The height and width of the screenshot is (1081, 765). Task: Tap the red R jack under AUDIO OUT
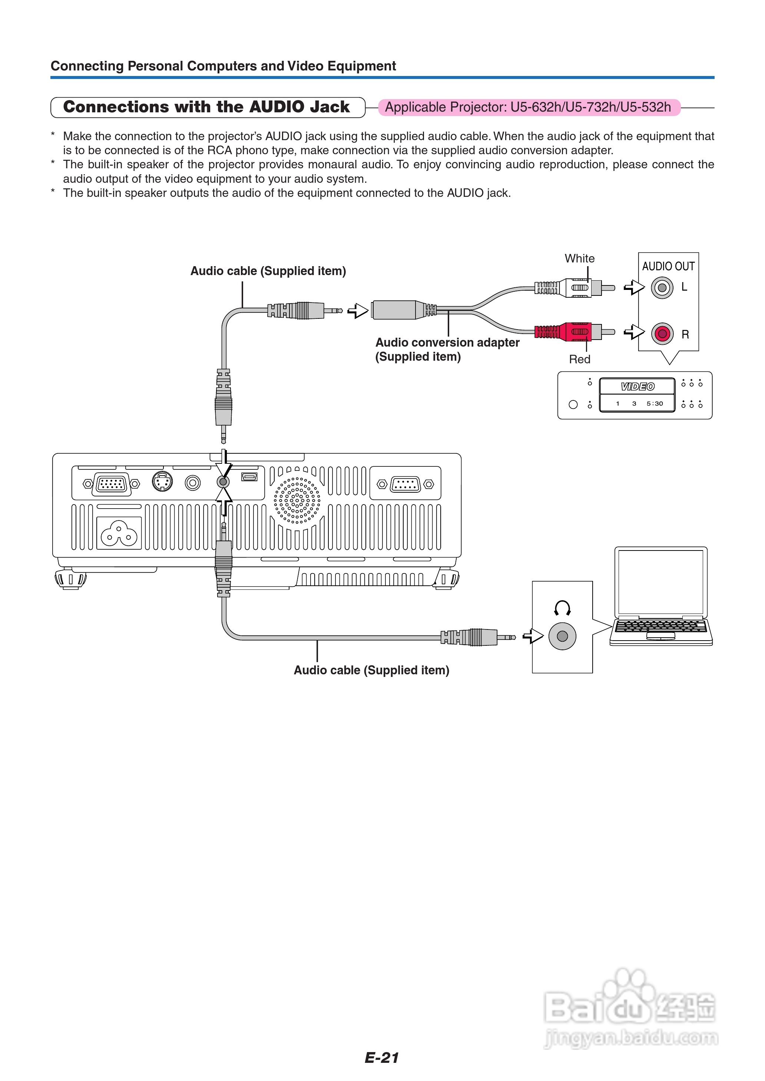(x=662, y=334)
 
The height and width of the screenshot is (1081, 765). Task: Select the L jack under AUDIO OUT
(x=662, y=287)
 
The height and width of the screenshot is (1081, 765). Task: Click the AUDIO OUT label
(x=668, y=267)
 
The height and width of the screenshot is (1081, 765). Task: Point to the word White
(x=579, y=259)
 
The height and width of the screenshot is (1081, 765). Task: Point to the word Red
(x=579, y=359)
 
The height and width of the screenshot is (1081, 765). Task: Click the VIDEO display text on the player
(x=637, y=387)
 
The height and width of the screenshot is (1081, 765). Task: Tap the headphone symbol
(x=562, y=608)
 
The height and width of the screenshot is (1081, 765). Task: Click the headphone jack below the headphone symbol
(x=562, y=637)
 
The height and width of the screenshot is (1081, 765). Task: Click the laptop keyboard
(x=660, y=627)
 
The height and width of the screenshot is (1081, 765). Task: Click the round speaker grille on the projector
(x=297, y=500)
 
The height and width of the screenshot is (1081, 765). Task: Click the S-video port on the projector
(x=162, y=482)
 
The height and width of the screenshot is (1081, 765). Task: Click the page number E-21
(x=381, y=1058)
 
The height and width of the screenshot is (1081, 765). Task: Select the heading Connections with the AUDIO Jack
(x=207, y=107)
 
